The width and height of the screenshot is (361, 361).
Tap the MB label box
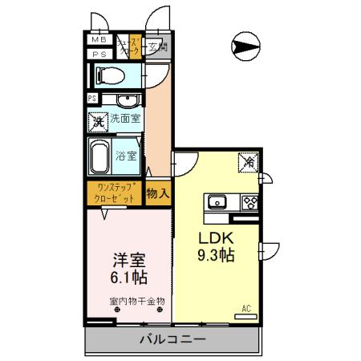[99, 39]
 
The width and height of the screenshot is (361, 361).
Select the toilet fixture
[108, 75]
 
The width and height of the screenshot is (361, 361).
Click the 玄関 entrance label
[157, 47]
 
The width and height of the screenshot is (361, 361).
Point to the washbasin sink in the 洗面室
[125, 100]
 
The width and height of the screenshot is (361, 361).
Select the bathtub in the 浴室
[99, 156]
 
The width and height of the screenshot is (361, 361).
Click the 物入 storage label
[158, 193]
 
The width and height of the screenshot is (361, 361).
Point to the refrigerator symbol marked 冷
[248, 164]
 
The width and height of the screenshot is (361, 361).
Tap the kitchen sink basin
[217, 201]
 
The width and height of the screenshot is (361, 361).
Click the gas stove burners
[249, 201]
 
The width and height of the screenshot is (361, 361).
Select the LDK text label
[214, 238]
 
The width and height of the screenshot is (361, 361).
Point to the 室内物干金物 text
[136, 302]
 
